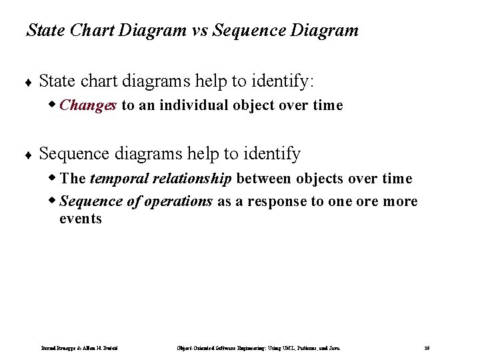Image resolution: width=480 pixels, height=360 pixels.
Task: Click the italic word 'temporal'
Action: click(x=116, y=179)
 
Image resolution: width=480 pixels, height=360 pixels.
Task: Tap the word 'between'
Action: click(x=261, y=179)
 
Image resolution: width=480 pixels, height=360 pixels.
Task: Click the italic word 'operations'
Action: click(x=179, y=201)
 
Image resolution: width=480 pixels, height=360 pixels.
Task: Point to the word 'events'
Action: click(x=81, y=219)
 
